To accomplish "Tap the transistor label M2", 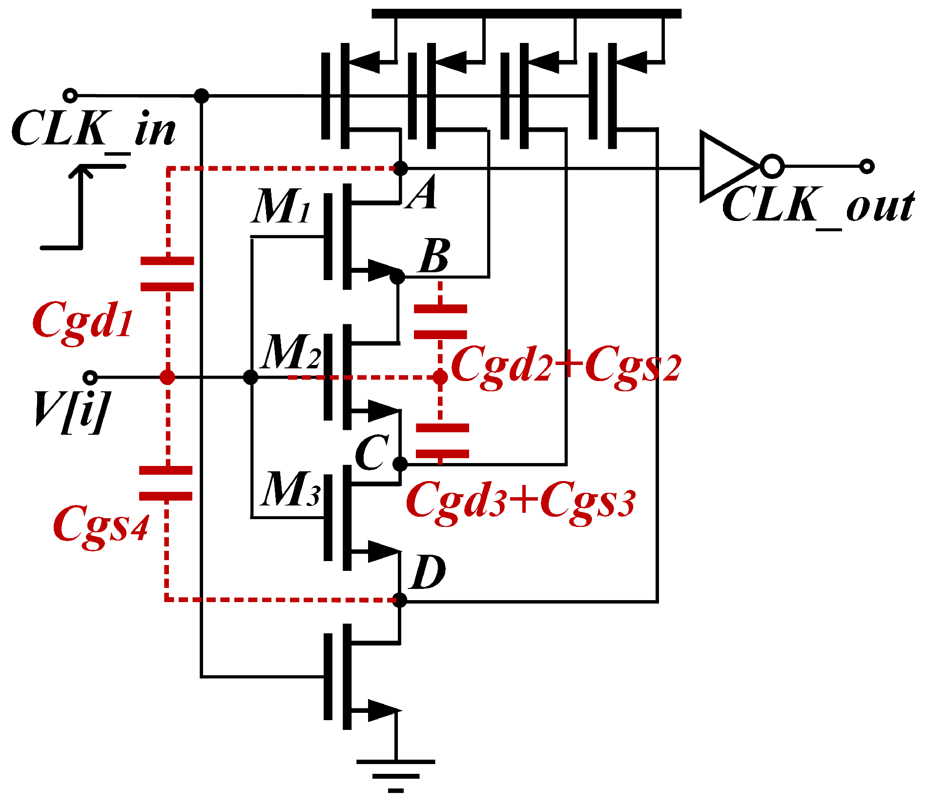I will (291, 352).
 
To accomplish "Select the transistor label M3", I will (291, 489).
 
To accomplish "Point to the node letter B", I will (434, 257).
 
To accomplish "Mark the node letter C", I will (372, 453).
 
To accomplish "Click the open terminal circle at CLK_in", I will (70, 95).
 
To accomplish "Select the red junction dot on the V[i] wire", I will (167, 377).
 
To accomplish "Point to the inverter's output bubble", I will (772, 166).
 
